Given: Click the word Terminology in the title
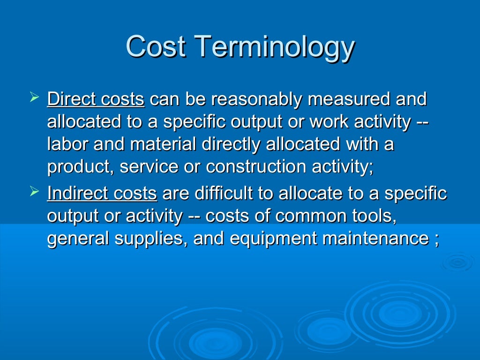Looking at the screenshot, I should pos(274,47).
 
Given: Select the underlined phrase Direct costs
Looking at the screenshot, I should pos(96,99).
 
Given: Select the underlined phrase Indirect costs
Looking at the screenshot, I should pos(102,193).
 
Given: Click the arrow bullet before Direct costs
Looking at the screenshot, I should pos(33,98).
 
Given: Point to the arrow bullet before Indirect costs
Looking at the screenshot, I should pos(33,192).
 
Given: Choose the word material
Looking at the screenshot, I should pos(163,144).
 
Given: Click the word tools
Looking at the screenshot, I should pos(375,216).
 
